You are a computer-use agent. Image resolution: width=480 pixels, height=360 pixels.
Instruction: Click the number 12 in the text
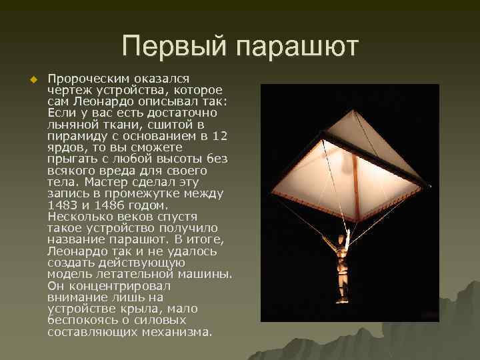[219, 136]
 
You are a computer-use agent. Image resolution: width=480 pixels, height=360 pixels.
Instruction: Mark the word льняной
[71, 125]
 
